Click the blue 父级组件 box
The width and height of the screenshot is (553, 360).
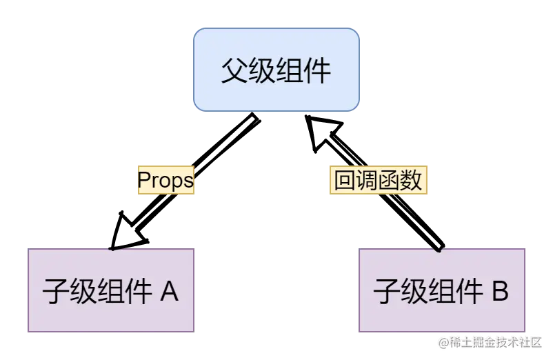276,70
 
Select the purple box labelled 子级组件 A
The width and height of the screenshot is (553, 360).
111,290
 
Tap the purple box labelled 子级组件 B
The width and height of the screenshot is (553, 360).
441,290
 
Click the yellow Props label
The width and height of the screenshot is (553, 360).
165,180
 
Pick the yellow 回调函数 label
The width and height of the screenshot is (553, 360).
377,181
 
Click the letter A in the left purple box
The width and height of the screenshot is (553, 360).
169,292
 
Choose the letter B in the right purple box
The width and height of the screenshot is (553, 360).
499,292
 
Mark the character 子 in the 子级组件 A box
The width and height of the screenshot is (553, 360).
55,292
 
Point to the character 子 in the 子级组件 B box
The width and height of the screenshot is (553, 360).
386,292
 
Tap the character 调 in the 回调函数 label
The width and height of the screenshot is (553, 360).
366,181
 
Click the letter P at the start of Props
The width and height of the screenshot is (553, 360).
144,181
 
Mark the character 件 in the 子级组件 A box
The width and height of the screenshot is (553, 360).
138,292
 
